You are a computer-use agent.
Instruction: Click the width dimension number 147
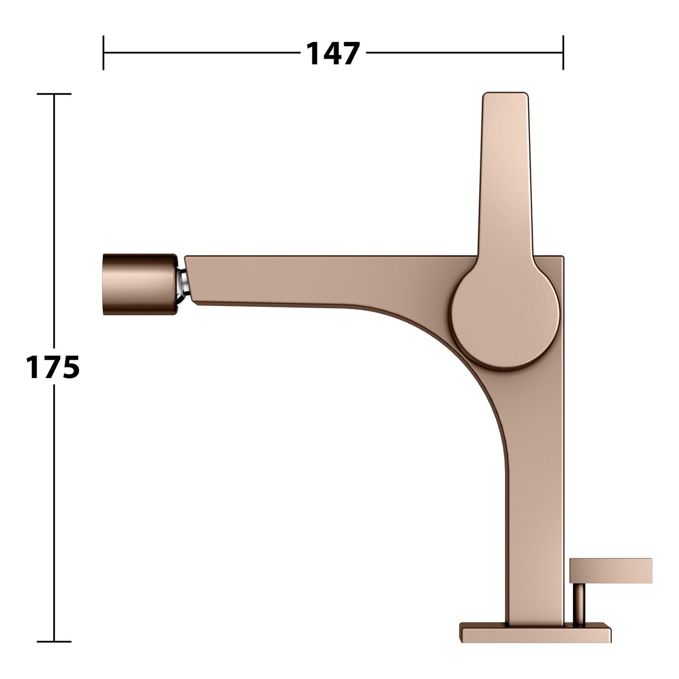click(333, 53)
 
